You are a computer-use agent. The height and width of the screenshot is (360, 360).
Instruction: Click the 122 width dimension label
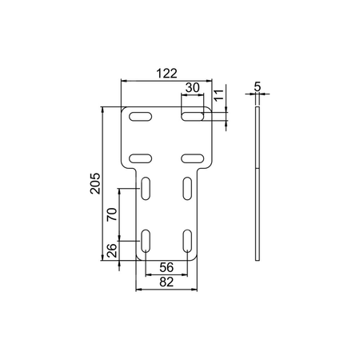click(x=166, y=74)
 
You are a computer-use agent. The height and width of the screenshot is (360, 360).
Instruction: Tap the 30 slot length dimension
click(x=193, y=87)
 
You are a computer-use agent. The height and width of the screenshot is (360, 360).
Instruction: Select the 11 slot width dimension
click(x=218, y=95)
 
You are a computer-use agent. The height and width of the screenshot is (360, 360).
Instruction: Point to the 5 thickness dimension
click(x=258, y=86)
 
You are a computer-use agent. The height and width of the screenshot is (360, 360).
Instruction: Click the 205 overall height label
click(x=95, y=183)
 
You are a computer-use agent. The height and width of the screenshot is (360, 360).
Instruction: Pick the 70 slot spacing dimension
click(x=112, y=214)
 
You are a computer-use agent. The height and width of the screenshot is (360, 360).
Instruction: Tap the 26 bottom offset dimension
click(x=112, y=250)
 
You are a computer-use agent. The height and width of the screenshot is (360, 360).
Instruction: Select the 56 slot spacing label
click(x=166, y=267)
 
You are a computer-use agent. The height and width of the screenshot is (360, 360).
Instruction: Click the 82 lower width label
click(x=166, y=282)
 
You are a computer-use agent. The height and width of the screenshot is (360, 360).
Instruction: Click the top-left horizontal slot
click(x=141, y=117)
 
